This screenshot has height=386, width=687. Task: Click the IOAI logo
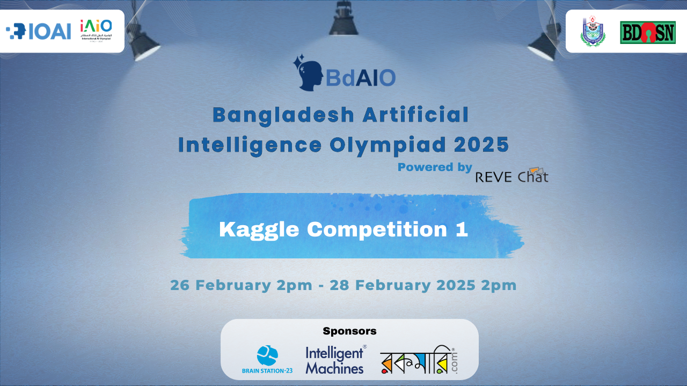tap(39, 32)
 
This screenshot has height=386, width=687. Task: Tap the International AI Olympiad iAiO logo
tap(96, 31)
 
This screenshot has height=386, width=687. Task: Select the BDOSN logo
tap(647, 33)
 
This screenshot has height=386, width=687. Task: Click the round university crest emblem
tap(593, 32)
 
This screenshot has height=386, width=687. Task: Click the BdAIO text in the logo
tap(361, 78)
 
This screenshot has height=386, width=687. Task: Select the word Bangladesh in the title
tap(283, 115)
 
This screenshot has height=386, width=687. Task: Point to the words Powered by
tap(435, 167)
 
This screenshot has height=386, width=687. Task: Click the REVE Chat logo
tap(511, 176)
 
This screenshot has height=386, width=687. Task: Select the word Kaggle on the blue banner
tap(259, 229)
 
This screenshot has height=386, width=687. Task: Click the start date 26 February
tap(221, 285)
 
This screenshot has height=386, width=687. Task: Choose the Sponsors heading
tap(349, 331)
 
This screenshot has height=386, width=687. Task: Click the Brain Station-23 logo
tap(267, 360)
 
